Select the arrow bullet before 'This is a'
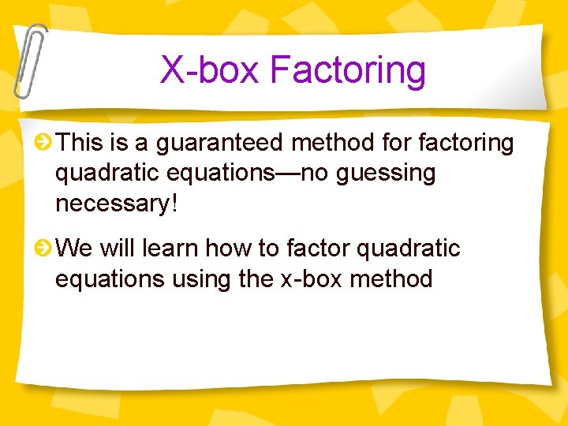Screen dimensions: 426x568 pyautogui.click(x=45, y=143)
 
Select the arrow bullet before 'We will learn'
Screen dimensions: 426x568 pyautogui.click(x=45, y=248)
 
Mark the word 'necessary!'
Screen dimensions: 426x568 pyautogui.click(x=117, y=204)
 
